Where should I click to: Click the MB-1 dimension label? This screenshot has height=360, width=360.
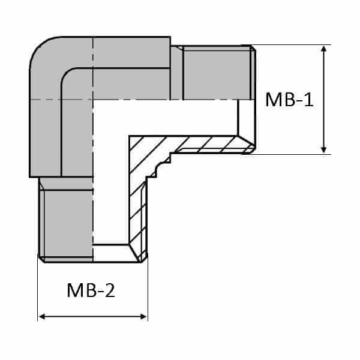[x=290, y=100]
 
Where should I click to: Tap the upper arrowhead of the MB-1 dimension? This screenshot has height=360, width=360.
[x=324, y=49]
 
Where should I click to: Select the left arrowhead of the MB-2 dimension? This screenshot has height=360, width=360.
[x=43, y=316]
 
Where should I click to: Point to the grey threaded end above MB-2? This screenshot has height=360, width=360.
[x=65, y=222]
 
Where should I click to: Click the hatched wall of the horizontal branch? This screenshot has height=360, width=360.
[x=204, y=145]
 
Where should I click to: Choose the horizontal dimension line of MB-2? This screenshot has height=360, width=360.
[x=92, y=316]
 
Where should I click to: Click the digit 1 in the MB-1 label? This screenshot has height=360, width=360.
[x=308, y=100]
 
